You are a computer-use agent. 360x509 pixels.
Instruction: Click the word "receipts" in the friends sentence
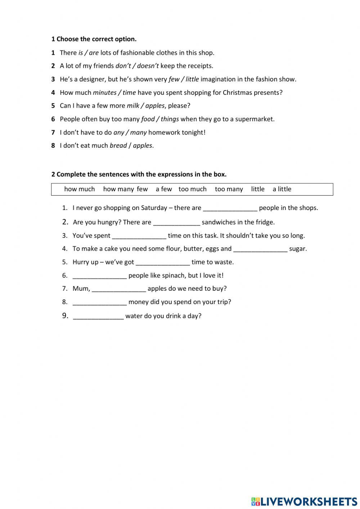200,66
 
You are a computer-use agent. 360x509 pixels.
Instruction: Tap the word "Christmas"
237,93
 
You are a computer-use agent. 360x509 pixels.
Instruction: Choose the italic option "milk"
133,106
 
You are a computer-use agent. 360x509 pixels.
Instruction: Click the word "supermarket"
254,119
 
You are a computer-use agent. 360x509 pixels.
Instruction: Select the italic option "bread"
118,146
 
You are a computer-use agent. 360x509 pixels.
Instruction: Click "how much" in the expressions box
80,189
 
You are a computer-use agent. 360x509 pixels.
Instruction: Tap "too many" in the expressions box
229,189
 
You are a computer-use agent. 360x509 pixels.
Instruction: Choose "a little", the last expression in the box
282,189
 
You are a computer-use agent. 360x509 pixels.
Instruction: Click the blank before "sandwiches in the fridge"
176,223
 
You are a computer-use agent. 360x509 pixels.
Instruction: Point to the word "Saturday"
154,208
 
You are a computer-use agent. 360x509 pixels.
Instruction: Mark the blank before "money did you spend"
99,302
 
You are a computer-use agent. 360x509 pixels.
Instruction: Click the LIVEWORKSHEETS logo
304,501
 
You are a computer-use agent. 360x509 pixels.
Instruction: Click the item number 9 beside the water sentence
65,316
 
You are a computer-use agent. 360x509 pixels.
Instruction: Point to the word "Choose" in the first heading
67,39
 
